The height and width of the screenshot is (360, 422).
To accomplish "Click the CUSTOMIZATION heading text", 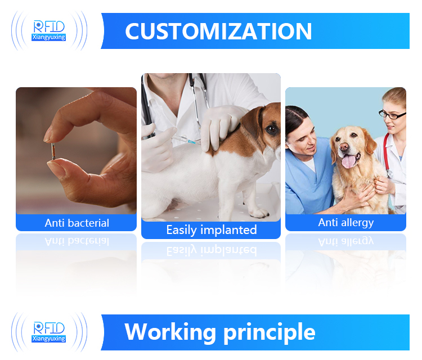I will point(218,31).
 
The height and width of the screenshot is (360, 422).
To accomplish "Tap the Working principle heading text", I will point(219,332).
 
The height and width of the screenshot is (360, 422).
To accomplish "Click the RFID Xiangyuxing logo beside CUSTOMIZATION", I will point(50,30).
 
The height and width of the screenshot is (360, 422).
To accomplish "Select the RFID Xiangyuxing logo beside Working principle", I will point(50,332).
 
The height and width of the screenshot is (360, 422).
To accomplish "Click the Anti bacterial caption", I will point(77,223).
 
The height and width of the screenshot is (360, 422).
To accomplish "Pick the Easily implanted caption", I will point(211,230).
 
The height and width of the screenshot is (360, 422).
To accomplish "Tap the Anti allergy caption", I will point(345,223).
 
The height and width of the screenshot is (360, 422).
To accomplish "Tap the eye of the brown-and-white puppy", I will point(271,129).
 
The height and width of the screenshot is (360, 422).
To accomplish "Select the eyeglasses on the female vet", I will point(392,114).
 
